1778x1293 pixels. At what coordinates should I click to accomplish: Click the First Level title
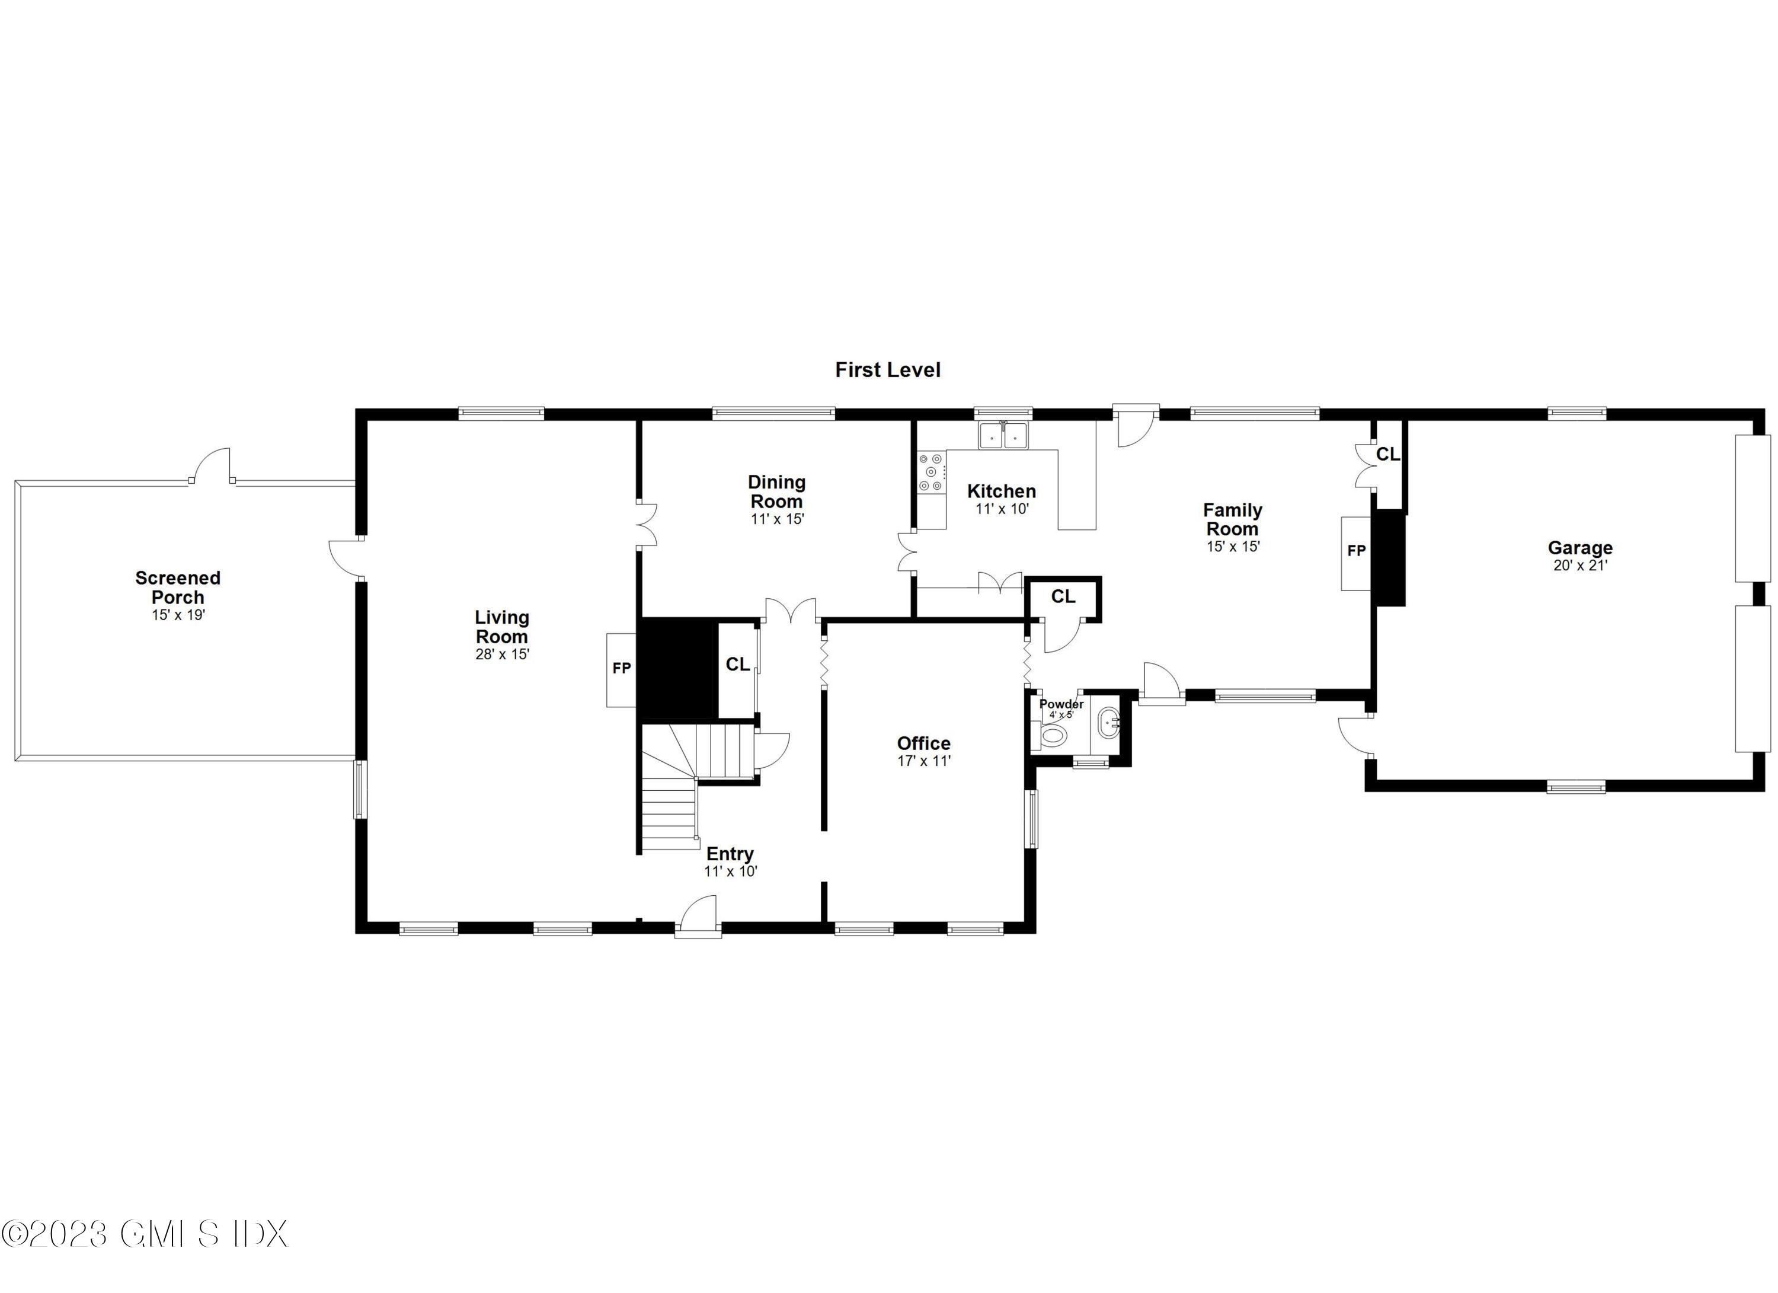pos(887,370)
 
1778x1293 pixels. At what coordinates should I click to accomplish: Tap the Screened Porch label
pos(178,588)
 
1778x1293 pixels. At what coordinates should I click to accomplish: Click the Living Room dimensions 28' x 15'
pos(502,654)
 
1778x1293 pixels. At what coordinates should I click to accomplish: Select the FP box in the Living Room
pos(621,669)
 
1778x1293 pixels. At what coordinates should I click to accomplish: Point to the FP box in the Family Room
pos(1355,552)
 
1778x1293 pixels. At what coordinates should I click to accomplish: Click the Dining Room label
pos(776,491)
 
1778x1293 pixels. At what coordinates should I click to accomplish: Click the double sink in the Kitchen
pos(1003,435)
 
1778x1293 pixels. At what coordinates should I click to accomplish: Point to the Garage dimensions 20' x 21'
pos(1579,566)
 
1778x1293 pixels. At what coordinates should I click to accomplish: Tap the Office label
pos(923,743)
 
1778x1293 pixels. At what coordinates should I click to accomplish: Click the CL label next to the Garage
pos(1387,455)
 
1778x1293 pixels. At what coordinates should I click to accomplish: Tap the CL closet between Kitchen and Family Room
pos(1063,598)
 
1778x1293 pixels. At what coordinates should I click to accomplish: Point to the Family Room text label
pos(1232,519)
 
